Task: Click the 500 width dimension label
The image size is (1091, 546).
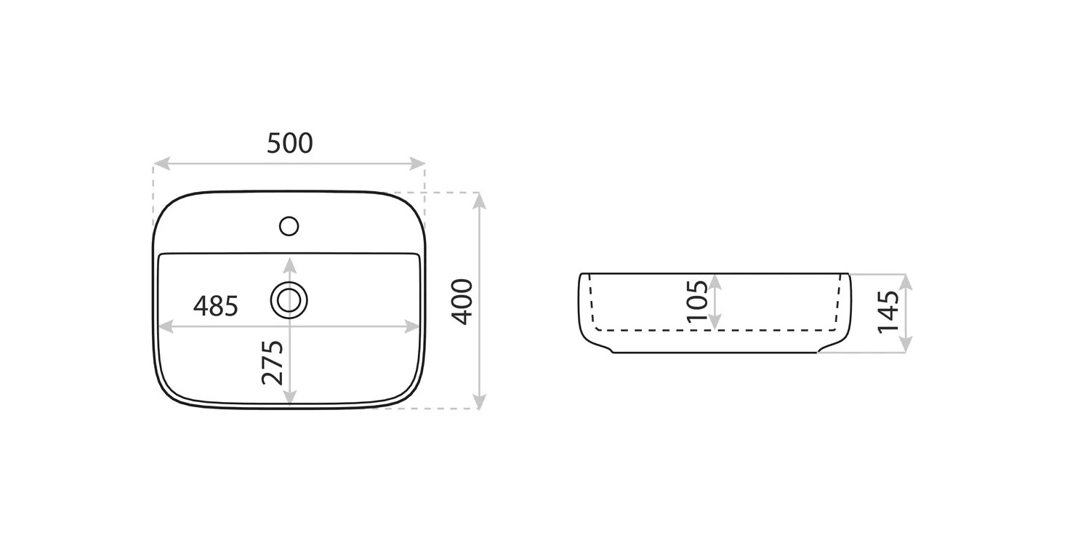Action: coord(290,143)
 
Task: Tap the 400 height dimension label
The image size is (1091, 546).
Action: coord(462,302)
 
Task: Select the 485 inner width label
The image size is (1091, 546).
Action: coord(216,306)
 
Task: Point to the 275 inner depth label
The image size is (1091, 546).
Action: coord(273,363)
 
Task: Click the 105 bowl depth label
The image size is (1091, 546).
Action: coord(698,301)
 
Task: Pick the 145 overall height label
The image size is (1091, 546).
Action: coord(888,312)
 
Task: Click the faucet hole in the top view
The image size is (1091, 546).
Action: coord(289,226)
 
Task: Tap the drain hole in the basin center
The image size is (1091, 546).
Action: coord(289,300)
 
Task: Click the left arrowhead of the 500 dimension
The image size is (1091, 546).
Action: coord(161,164)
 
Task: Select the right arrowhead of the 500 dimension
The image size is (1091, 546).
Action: coord(417,164)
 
